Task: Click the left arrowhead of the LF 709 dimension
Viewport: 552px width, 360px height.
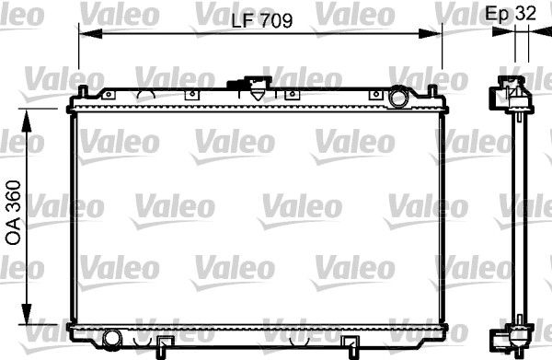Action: [86, 33]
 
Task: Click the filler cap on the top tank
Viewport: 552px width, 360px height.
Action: [251, 88]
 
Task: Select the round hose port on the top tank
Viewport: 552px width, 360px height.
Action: [398, 96]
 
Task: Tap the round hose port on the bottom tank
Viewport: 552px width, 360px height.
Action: [111, 336]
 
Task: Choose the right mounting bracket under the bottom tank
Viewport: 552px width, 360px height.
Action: [351, 347]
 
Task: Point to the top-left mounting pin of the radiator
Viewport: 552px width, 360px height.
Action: [83, 93]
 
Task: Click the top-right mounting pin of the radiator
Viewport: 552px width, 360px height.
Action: [432, 93]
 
